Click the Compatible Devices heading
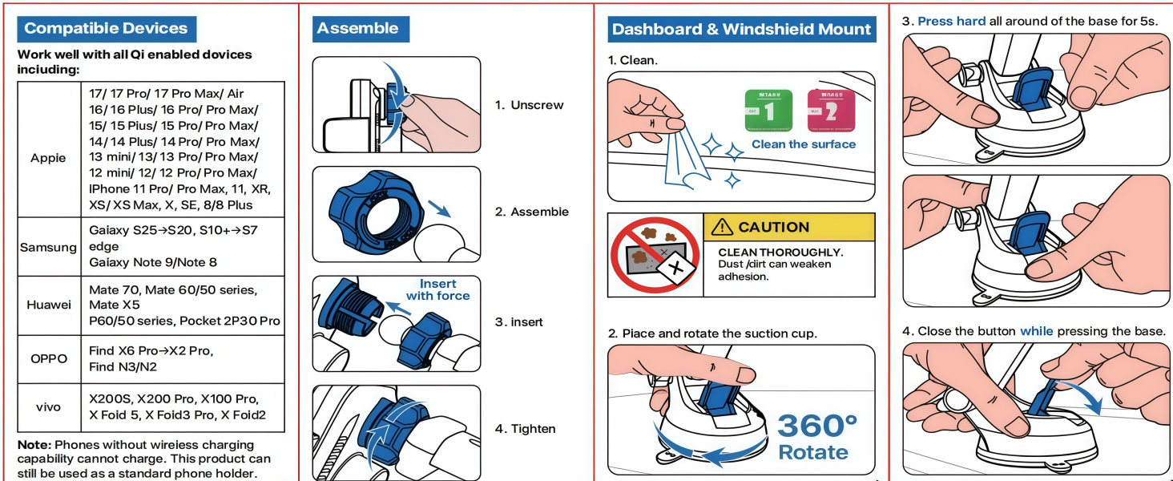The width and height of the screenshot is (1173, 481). click(106, 29)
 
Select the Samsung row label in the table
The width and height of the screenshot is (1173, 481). click(49, 247)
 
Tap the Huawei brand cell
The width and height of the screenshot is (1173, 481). click(49, 305)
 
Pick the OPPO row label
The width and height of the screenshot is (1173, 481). click(49, 358)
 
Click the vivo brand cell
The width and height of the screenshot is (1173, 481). click(49, 407)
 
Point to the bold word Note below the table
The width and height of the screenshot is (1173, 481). click(34, 445)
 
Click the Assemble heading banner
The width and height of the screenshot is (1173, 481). click(358, 29)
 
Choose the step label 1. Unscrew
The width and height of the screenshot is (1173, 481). click(529, 105)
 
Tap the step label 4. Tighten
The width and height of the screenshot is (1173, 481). click(525, 429)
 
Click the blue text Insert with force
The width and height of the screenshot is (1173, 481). click(437, 289)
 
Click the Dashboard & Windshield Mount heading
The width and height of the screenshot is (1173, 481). click(741, 30)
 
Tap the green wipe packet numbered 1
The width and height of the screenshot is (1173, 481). click(768, 111)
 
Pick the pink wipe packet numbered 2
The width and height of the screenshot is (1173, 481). click(831, 111)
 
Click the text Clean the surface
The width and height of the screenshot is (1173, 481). click(804, 144)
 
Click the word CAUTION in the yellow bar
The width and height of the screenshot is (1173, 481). click(773, 228)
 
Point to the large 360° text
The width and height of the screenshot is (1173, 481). click(817, 426)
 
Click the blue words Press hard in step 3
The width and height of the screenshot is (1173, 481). click(951, 22)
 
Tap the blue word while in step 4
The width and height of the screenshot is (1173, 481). click(1036, 331)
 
